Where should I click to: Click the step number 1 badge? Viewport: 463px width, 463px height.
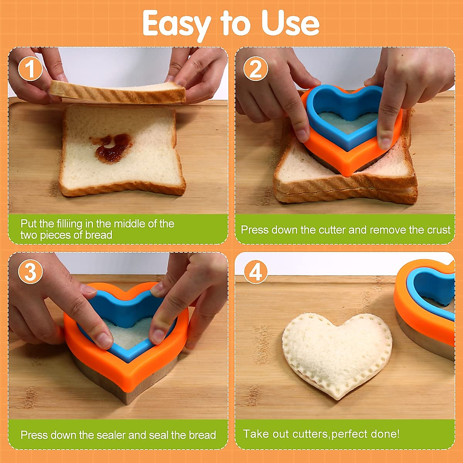pos(30,69)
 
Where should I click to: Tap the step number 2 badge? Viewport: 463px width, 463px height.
pos(255,69)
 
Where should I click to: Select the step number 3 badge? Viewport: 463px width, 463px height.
pos(30,272)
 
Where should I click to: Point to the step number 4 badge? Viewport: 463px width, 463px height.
pos(255,272)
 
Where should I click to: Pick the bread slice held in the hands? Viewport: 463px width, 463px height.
pos(118,92)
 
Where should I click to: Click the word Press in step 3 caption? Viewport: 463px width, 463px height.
pos(34,435)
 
